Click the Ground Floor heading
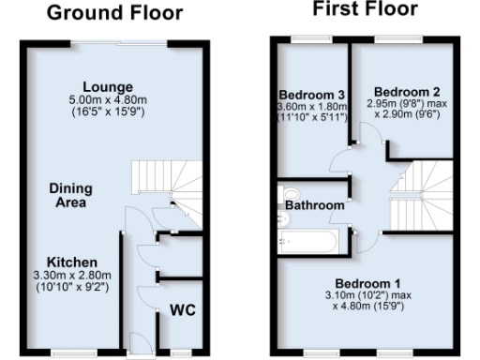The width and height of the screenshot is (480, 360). pyautogui.click(x=115, y=13)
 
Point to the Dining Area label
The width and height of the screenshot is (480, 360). pyautogui.click(x=68, y=195)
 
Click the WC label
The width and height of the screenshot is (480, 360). pyautogui.click(x=182, y=310)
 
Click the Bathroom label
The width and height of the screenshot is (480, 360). pyautogui.click(x=313, y=204)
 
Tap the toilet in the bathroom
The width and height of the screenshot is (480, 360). pyautogui.click(x=286, y=220)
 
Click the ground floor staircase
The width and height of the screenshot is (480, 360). pyautogui.click(x=162, y=184)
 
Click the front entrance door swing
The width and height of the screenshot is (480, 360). pyautogui.click(x=136, y=340)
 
